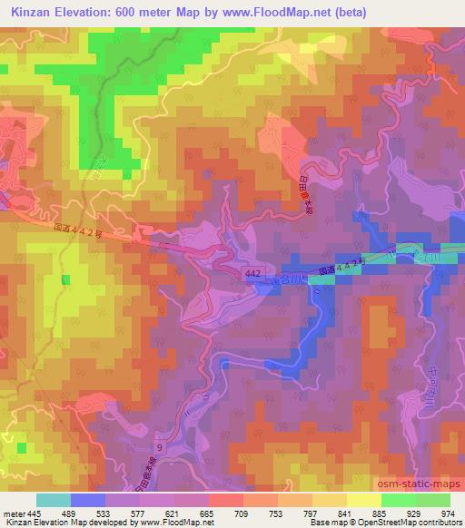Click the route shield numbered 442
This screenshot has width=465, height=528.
(257, 272)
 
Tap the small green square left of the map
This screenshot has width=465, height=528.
(65, 280)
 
